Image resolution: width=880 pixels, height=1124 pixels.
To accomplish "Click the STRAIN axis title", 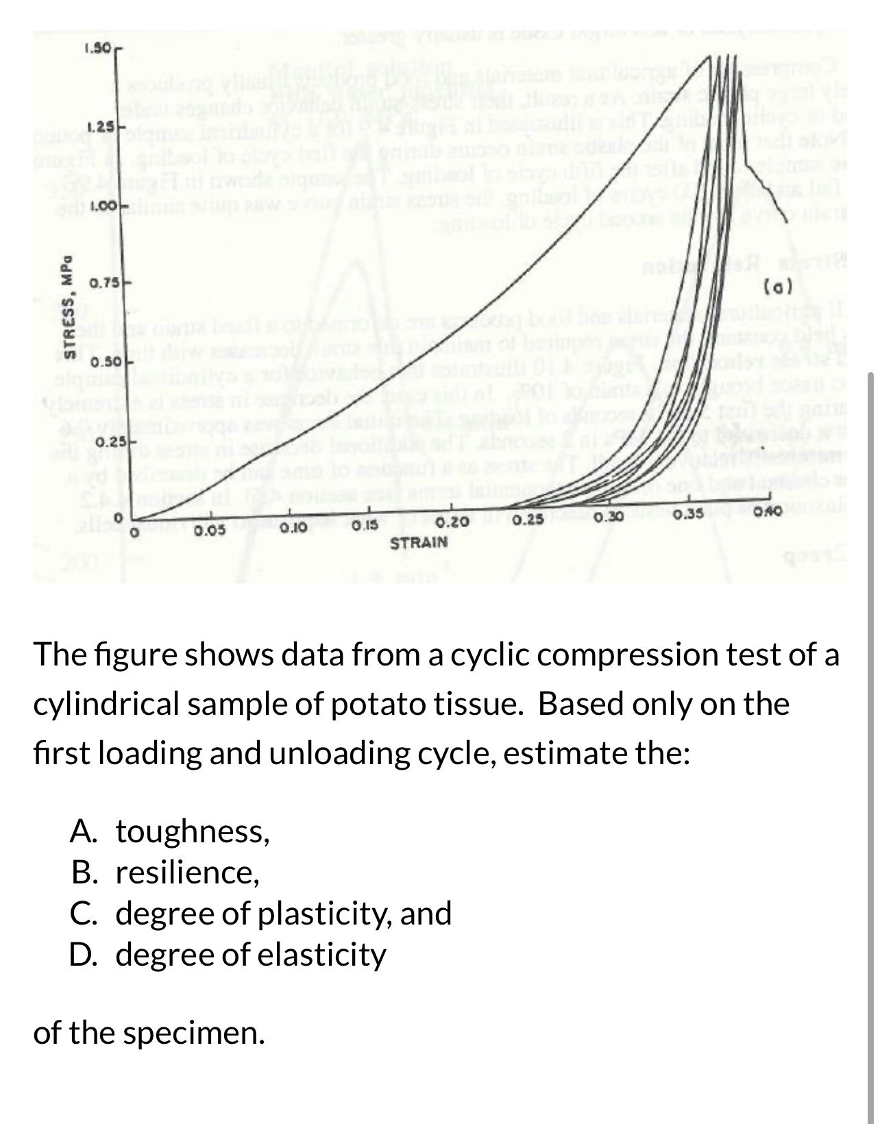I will click(419, 543).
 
